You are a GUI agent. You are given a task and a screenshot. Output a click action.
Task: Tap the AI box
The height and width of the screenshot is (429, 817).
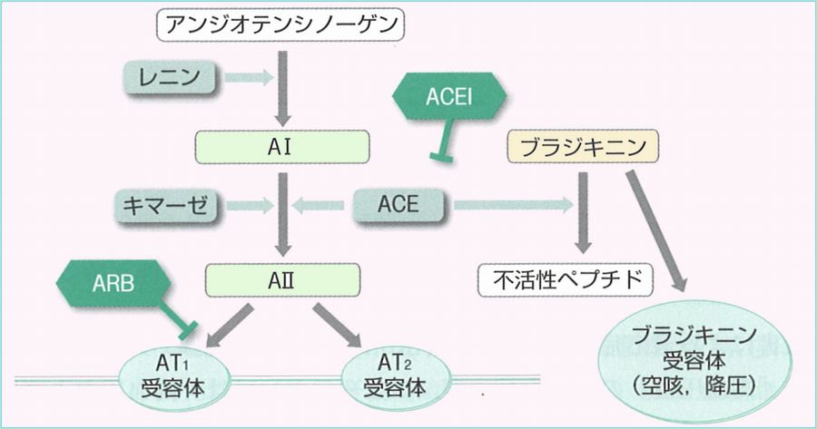[x=282, y=145]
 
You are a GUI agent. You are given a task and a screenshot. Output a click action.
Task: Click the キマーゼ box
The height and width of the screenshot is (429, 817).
[x=170, y=206]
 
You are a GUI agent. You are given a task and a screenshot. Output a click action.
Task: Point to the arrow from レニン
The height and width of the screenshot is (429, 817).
[x=247, y=78]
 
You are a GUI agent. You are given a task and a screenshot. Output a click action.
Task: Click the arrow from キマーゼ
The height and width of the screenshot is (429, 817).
[x=248, y=206]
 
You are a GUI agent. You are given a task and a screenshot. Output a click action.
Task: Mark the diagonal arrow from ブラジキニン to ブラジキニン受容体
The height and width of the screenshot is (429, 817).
[x=654, y=228]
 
